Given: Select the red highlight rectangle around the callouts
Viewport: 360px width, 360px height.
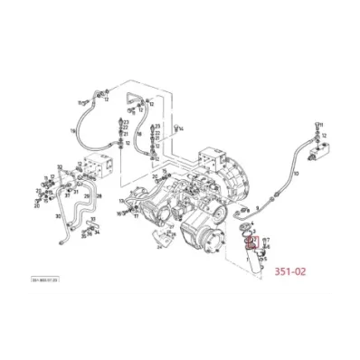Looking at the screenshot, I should point(252,243).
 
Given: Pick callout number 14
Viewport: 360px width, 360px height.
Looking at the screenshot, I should point(182,129).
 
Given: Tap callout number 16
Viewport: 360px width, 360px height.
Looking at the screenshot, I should point(72,130).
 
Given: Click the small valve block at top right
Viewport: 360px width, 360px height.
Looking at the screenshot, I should point(321,155).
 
